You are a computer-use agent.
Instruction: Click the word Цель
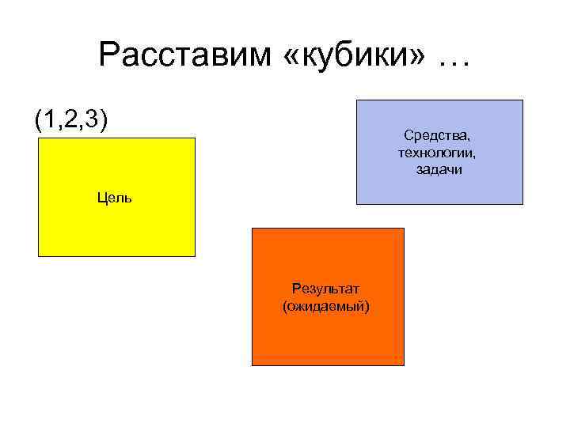pyautogui.click(x=115, y=197)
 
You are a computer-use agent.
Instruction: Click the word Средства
pyautogui.click(x=437, y=138)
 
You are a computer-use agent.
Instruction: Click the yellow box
pyautogui.click(x=116, y=229)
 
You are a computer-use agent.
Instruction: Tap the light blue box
pyautogui.click(x=439, y=190)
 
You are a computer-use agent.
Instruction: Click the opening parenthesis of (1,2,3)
pyautogui.click(x=38, y=119)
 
